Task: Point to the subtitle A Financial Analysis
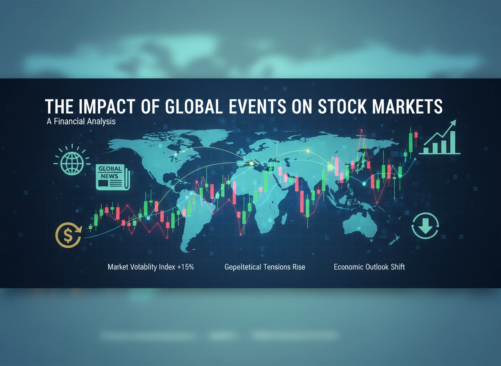(x=81, y=121)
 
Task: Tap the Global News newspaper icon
(x=113, y=177)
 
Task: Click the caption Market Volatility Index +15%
(x=151, y=267)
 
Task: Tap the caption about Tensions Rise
(x=264, y=267)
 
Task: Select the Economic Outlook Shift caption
(x=369, y=267)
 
